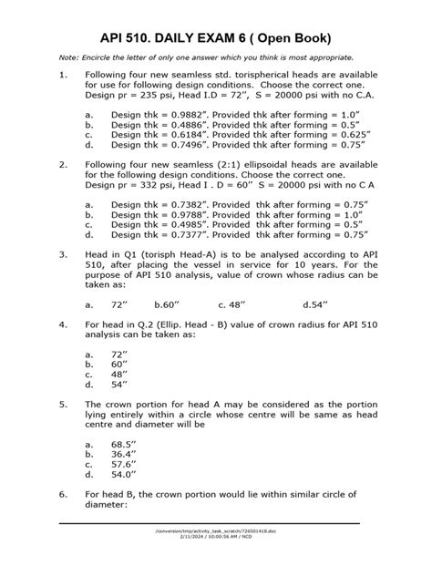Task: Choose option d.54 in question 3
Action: point(315,306)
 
